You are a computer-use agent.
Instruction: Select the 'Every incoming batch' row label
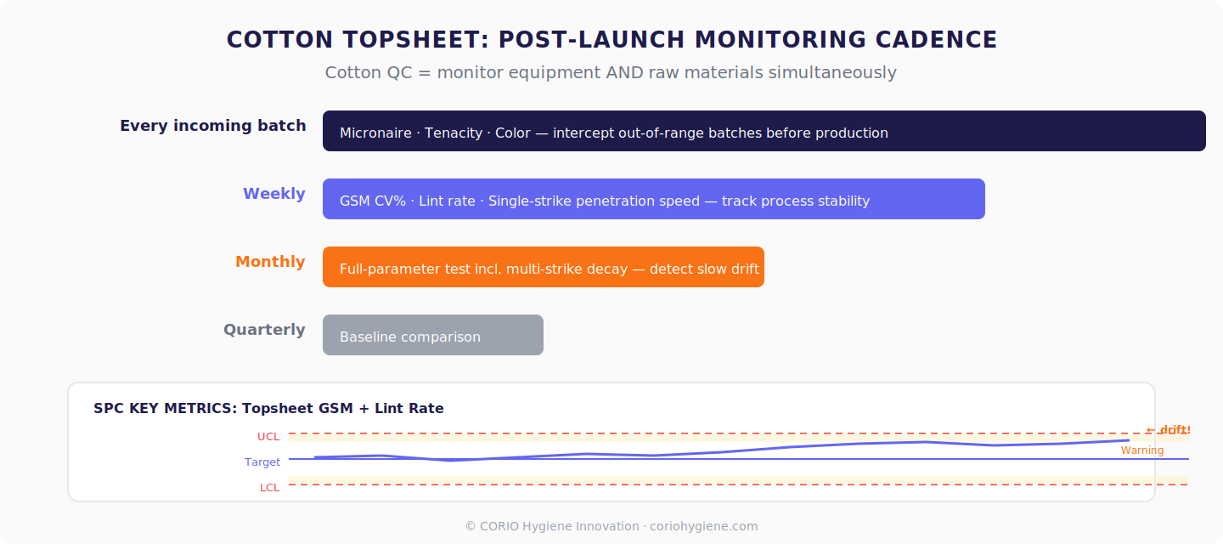(212, 126)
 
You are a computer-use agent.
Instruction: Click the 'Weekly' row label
(273, 194)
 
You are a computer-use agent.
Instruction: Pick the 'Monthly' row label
(270, 262)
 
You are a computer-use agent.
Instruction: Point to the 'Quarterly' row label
(264, 330)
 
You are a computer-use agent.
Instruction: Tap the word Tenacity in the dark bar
(454, 133)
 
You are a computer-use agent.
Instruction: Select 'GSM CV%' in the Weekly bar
(373, 201)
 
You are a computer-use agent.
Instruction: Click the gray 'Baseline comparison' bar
(432, 336)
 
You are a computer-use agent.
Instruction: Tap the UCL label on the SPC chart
(268, 437)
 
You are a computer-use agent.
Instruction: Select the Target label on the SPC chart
(262, 462)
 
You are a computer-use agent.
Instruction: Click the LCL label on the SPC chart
(269, 488)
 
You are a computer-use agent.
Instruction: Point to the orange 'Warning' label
(1141, 450)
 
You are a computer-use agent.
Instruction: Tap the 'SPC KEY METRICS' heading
(165, 409)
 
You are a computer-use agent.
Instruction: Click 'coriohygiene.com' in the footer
(703, 526)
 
